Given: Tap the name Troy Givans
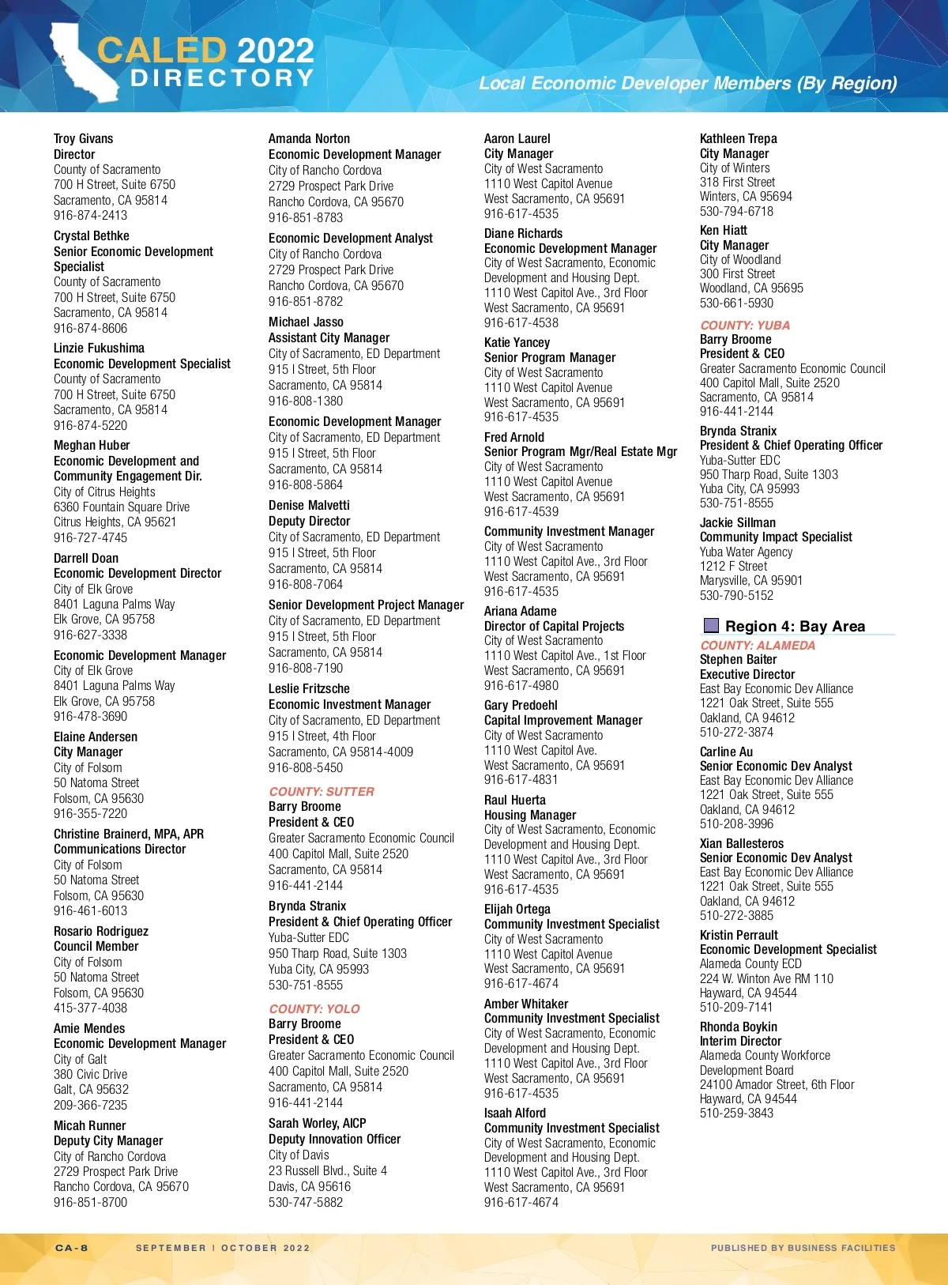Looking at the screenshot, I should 83,139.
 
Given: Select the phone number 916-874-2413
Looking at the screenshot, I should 90,215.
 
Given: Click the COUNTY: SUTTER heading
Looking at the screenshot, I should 322,791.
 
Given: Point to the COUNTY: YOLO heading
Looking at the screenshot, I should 314,1008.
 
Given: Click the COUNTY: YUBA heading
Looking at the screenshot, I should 745,325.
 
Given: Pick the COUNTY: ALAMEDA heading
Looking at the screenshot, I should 758,645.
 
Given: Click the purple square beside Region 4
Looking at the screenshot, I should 711,626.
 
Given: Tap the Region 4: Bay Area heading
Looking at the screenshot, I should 795,626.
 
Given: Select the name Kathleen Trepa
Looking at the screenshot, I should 739,138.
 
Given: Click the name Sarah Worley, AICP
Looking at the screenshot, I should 318,1123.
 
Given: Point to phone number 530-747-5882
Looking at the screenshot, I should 306,1202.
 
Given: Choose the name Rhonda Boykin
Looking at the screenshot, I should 739,1027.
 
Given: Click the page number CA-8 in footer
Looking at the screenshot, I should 72,1248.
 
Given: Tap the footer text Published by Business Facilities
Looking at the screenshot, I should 803,1248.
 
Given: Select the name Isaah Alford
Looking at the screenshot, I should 515,1113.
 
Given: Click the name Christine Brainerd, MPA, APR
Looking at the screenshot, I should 129,834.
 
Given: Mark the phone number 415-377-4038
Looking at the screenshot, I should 90,1008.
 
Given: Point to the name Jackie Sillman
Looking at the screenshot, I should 738,522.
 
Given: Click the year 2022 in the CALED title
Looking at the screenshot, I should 276,51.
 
